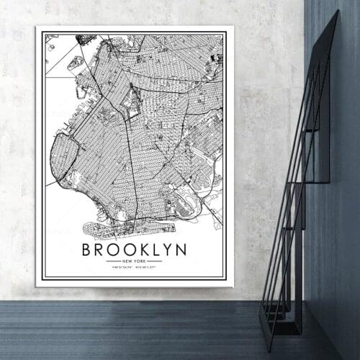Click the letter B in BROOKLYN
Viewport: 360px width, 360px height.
[x=87, y=250]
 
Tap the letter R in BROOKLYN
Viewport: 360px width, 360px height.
[x=102, y=250]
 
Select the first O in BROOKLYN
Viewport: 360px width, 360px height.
[x=116, y=250]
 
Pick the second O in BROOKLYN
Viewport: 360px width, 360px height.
[x=132, y=250]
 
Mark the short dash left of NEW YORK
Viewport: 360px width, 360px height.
[x=113, y=261]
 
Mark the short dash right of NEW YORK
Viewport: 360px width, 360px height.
[x=154, y=261]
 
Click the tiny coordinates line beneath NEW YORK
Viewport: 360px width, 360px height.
[x=134, y=267]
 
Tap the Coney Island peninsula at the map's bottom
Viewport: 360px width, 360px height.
[x=108, y=230]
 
